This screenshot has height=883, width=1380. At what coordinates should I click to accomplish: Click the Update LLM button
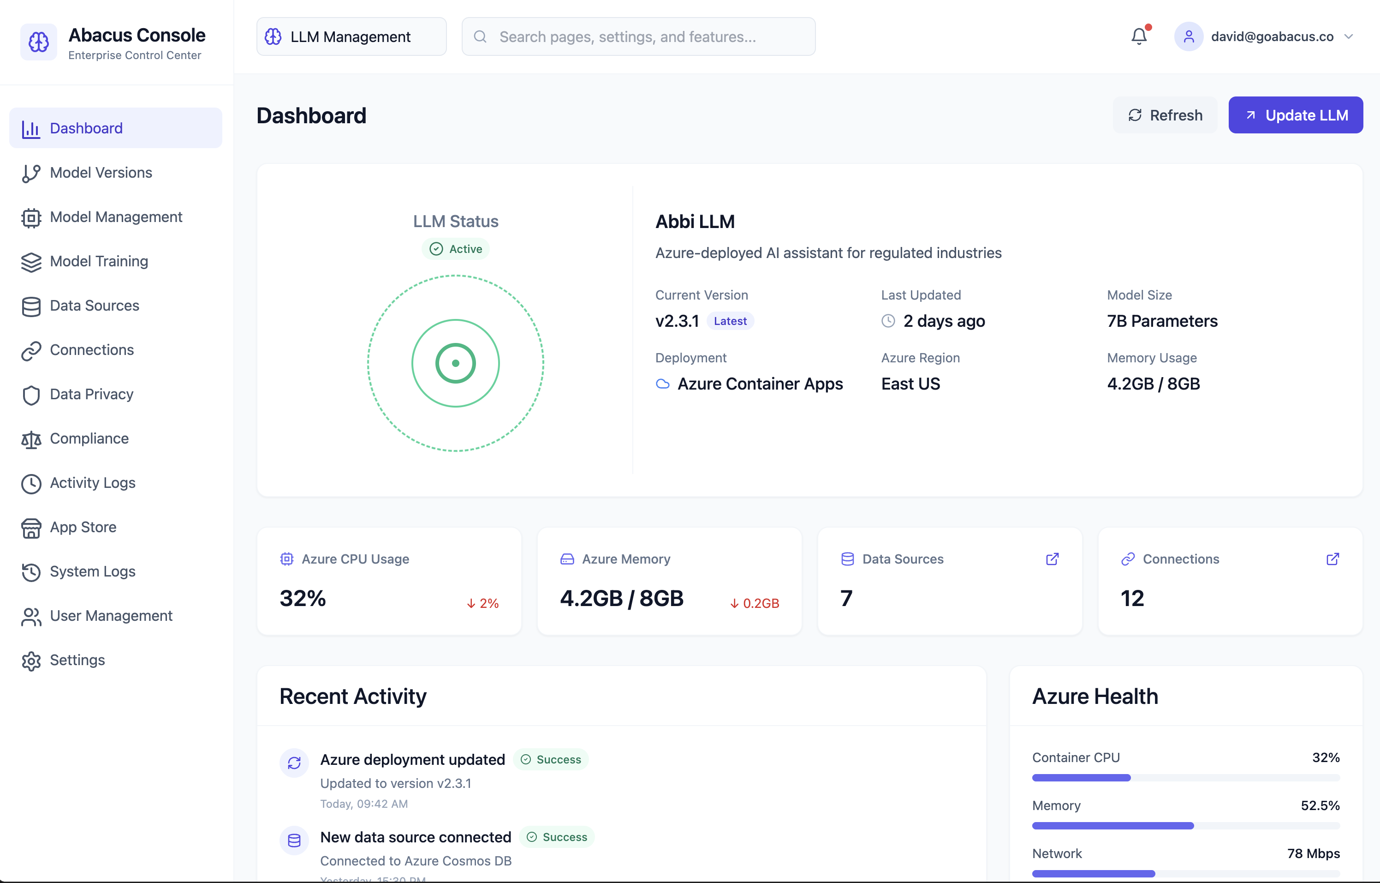1295,115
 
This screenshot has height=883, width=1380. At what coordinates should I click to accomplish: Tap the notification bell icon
1139,37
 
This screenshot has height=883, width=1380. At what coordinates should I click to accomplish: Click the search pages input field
638,37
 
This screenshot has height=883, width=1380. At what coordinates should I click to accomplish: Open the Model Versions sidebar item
101,173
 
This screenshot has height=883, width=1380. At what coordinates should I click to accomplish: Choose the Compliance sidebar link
89,438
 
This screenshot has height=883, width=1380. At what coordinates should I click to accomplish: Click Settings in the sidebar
77,660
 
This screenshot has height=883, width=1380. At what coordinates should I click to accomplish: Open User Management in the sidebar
111,616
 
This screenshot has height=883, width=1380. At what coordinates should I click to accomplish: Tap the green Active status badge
456,249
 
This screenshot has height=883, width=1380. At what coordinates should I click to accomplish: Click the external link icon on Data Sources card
1052,559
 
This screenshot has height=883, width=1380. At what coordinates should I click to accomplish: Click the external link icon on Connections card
1332,559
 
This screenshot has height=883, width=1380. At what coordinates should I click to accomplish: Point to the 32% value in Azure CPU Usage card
303,599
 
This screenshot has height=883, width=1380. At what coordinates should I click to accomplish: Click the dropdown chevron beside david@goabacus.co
1349,37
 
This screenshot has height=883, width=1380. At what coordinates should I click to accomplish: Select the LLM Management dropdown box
351,37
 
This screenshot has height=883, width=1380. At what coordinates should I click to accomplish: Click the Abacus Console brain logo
38,42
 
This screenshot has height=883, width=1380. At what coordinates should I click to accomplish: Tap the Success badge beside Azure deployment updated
551,760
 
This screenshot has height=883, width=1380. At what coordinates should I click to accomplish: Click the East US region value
910,384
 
